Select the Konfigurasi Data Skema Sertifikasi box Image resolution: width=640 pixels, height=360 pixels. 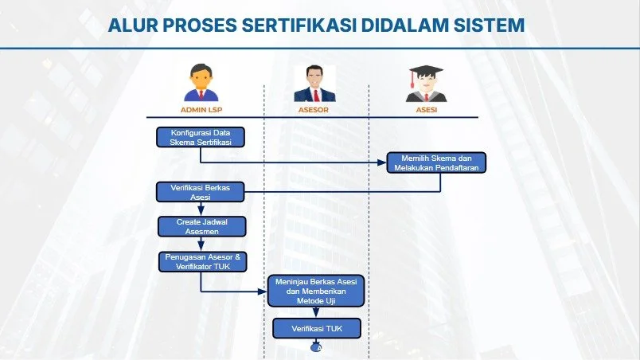[200, 136]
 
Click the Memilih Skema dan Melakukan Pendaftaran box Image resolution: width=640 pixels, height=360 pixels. [436, 162]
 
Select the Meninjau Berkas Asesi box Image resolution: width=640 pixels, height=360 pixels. [317, 292]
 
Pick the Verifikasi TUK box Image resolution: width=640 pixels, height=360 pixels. [317, 328]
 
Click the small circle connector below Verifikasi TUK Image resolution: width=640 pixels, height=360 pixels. [317, 347]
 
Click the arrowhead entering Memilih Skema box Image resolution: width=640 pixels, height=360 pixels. [383, 162]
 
